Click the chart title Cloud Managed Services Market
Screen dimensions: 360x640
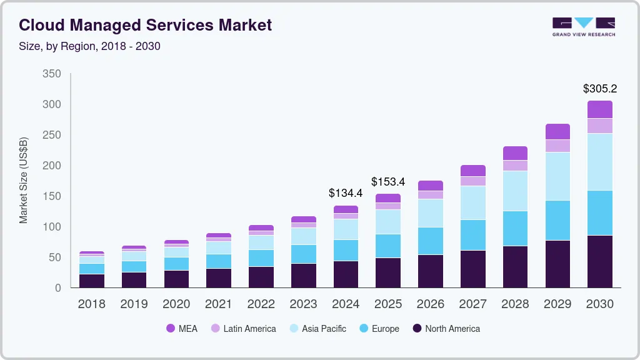[145, 25]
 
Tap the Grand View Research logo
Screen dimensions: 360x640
[583, 26]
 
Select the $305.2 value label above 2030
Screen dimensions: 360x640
[599, 89]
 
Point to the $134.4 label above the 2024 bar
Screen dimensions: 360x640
[346, 194]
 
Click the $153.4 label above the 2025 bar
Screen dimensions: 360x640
[388, 182]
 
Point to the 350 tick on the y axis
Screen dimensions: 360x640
[52, 74]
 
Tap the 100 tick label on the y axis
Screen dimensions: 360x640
[52, 227]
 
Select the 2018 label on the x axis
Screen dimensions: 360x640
[91, 304]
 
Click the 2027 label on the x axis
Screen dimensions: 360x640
[472, 304]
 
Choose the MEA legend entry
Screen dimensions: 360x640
[182, 329]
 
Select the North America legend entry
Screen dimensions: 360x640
[446, 329]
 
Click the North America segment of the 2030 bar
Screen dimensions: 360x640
[599, 261]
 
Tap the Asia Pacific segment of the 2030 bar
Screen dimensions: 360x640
[599, 162]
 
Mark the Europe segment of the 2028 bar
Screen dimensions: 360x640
[515, 228]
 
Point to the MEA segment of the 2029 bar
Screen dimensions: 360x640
[557, 131]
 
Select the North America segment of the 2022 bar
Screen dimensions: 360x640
[261, 277]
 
